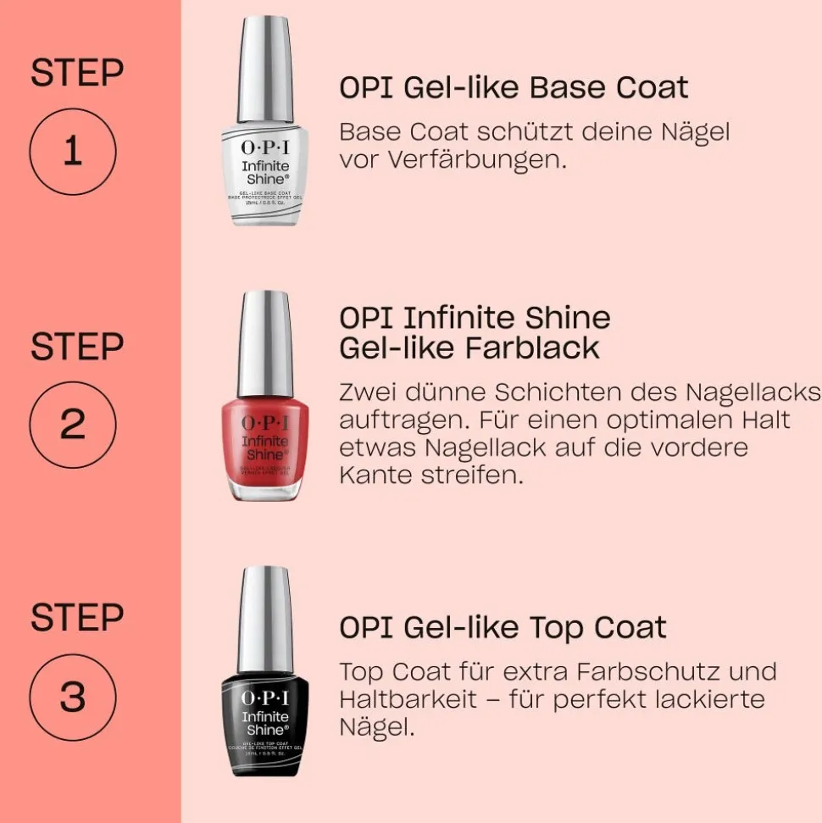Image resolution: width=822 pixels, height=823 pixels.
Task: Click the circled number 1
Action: [72, 153]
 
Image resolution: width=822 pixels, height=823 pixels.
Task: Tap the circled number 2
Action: [72, 424]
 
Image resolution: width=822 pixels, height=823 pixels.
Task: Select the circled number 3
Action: [72, 697]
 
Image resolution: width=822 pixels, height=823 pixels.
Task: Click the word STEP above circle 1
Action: [77, 74]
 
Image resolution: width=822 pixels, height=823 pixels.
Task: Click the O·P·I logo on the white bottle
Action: [265, 147]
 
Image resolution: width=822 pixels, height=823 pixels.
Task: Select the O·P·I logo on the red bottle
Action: [265, 421]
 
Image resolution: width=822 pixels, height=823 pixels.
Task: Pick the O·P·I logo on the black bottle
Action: [265, 698]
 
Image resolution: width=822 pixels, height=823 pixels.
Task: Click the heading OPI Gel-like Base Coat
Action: [514, 88]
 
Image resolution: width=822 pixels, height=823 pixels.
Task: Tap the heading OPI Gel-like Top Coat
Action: [503, 628]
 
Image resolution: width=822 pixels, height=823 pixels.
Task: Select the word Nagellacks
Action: [753, 393]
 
